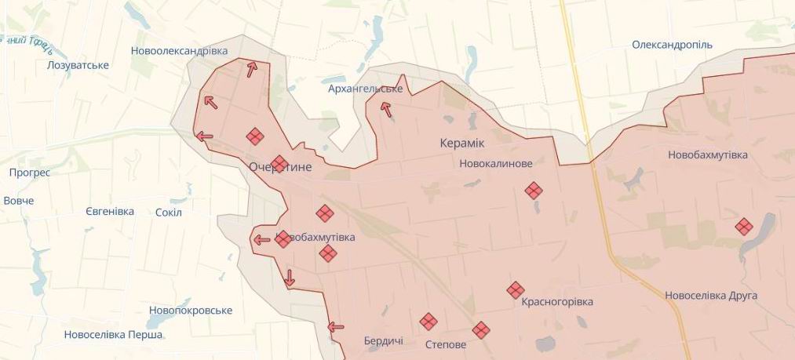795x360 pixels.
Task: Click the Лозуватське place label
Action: [x=78, y=64]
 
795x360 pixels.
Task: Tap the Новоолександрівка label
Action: [x=180, y=51]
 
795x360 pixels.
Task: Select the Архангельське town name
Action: [x=365, y=89]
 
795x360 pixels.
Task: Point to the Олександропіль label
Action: [x=672, y=45]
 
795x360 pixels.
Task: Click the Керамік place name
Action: [x=461, y=144]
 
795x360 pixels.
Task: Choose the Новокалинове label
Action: [x=496, y=164]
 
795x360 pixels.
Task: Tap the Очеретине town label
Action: [x=280, y=168]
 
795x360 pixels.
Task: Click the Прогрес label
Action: [x=30, y=173]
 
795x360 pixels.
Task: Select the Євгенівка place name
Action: [x=109, y=212]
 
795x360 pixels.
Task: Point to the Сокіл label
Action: [x=169, y=213]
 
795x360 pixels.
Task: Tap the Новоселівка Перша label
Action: [x=114, y=335]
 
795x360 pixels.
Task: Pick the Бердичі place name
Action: [x=384, y=341]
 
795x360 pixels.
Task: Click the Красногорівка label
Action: [x=557, y=302]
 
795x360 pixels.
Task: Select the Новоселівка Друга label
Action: [x=711, y=296]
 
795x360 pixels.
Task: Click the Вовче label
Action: [x=19, y=201]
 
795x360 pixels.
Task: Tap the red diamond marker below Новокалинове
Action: [x=534, y=191]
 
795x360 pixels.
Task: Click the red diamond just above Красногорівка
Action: [x=515, y=289]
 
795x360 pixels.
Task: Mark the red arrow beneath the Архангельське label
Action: [x=386, y=109]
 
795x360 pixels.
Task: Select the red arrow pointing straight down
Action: [x=290, y=278]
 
